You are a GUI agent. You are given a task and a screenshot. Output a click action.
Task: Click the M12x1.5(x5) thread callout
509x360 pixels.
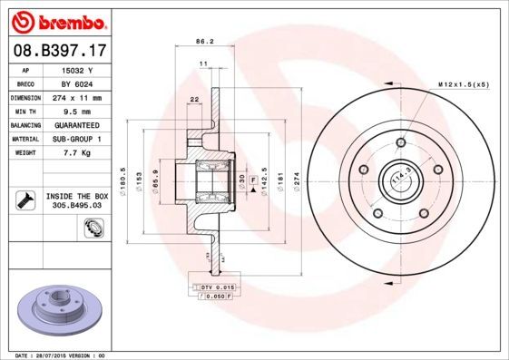464,84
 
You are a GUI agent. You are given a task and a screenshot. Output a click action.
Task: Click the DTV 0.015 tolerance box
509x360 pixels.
215,287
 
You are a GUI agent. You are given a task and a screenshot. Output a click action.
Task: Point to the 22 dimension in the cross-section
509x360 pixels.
193,99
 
